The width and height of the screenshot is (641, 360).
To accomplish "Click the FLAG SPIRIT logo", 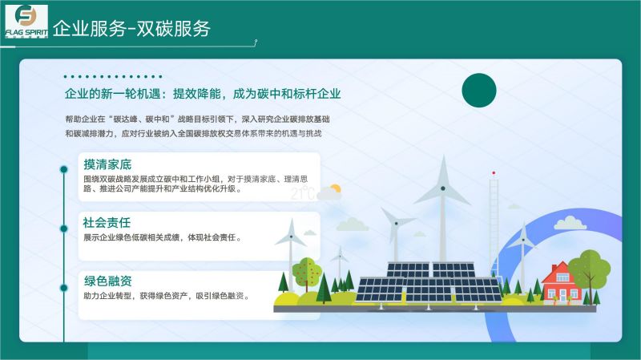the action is tap(26, 22).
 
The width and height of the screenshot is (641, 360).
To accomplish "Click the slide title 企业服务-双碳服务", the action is tap(131, 29).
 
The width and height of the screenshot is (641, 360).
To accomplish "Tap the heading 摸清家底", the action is tap(107, 164).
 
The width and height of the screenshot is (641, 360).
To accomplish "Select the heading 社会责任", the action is tap(107, 223).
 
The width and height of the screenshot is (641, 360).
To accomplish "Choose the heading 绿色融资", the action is tap(108, 281).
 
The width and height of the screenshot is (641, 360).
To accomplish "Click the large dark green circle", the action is tap(479, 91).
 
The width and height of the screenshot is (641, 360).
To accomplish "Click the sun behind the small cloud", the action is tap(335, 189).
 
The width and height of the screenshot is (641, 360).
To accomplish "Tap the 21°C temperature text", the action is tap(303, 193).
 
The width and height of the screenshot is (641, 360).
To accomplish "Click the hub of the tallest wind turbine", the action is tap(443, 188).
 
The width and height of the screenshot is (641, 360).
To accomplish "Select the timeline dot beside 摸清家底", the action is tap(64, 169).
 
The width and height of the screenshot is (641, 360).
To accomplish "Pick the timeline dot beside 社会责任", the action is tap(64, 229).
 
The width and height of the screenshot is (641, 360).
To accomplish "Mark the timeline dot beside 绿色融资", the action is tap(64, 288).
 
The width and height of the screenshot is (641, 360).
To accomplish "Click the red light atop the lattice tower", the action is tap(494, 173).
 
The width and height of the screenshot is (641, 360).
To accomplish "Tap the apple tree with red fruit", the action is tap(307, 272).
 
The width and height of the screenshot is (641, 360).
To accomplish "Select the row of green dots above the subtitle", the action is tap(113, 76).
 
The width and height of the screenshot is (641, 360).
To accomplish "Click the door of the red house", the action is tap(562, 297).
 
